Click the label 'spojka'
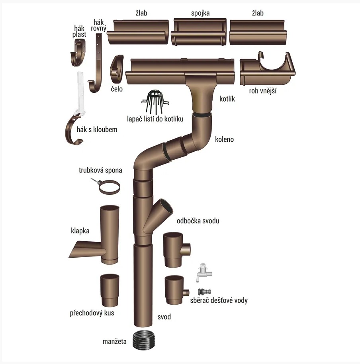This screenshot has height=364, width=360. click(200, 13)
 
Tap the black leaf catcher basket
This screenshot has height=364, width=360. click(155, 101)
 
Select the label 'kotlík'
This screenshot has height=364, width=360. click(227, 99)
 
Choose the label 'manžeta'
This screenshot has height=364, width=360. click(114, 341)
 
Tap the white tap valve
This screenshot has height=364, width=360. click(204, 272)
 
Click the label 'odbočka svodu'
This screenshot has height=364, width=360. click(198, 221)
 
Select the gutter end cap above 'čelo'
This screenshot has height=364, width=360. click(116, 69)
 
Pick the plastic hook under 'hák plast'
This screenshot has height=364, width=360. click(78, 53)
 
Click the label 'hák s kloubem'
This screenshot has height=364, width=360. click(97, 129)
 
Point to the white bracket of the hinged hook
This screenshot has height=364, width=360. click(80, 93)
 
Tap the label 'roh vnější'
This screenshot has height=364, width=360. click(263, 91)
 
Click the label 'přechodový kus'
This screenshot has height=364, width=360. click(92, 313)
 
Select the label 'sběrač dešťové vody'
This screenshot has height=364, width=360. click(219, 300)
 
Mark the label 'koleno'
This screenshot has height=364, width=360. click(224, 139)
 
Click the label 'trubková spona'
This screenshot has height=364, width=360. click(100, 170)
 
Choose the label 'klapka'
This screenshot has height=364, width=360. click(80, 231)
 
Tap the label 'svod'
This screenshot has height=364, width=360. click(164, 317)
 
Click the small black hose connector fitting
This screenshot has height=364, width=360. click(204, 292)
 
